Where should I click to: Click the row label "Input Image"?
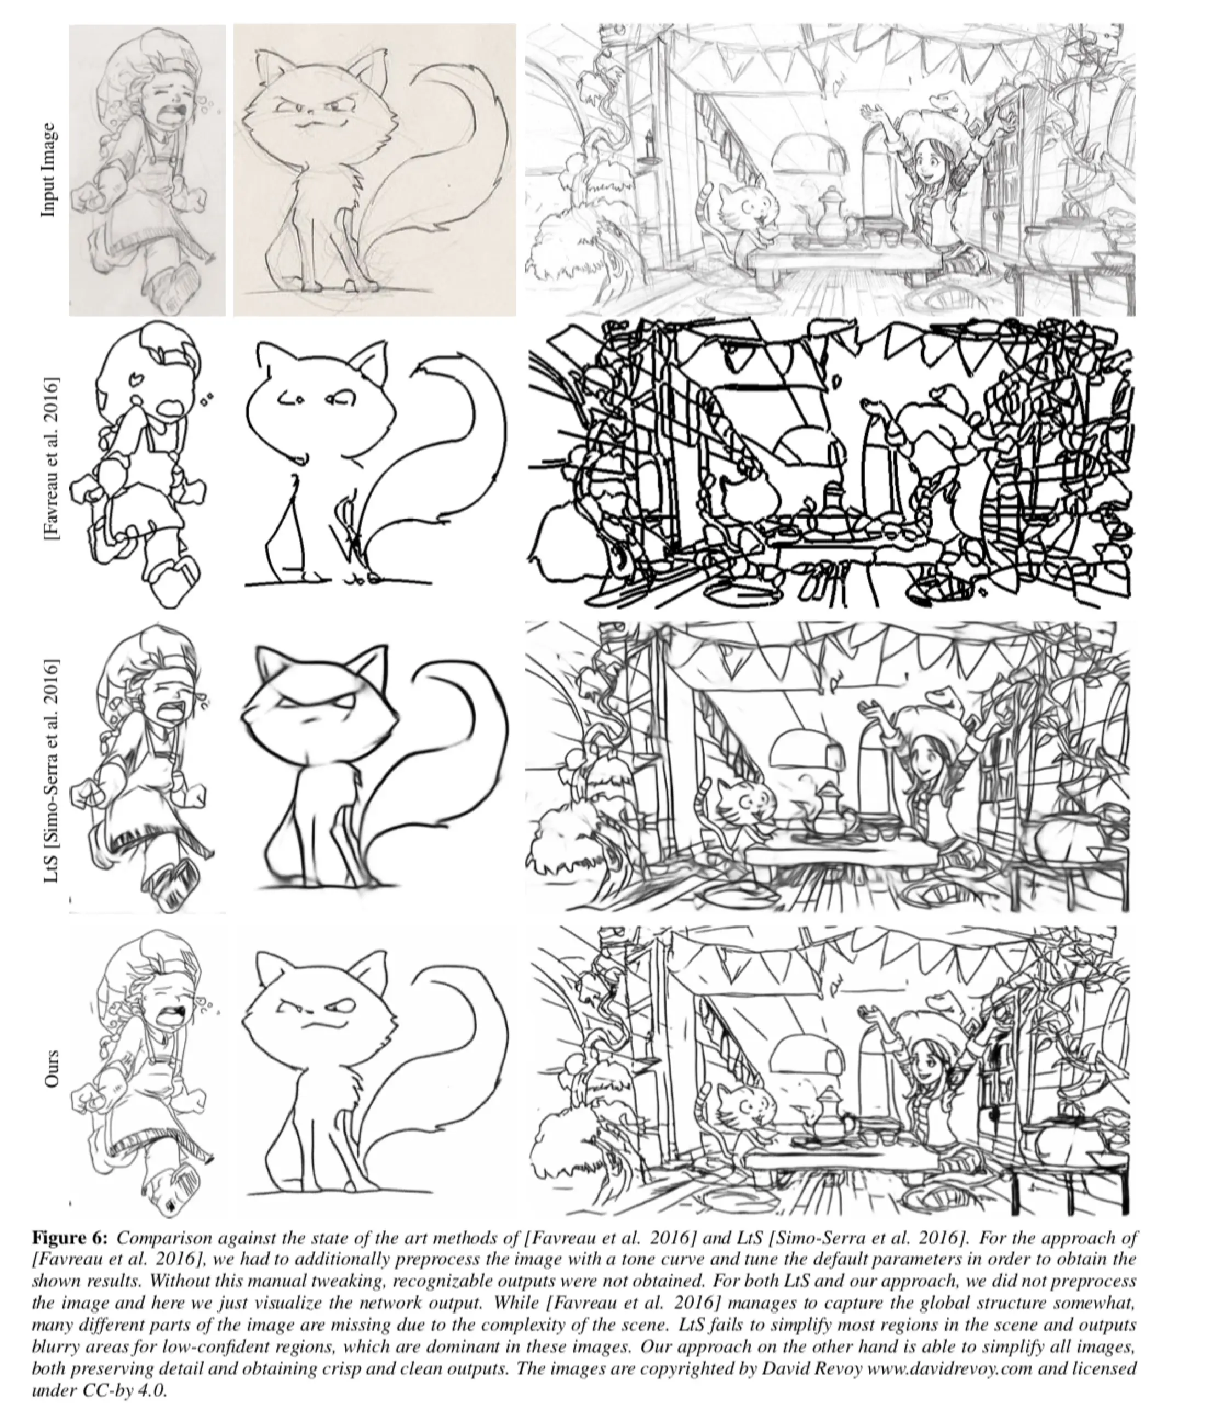pos(48,169)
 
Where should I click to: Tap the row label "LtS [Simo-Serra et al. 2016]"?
pos(52,771)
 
